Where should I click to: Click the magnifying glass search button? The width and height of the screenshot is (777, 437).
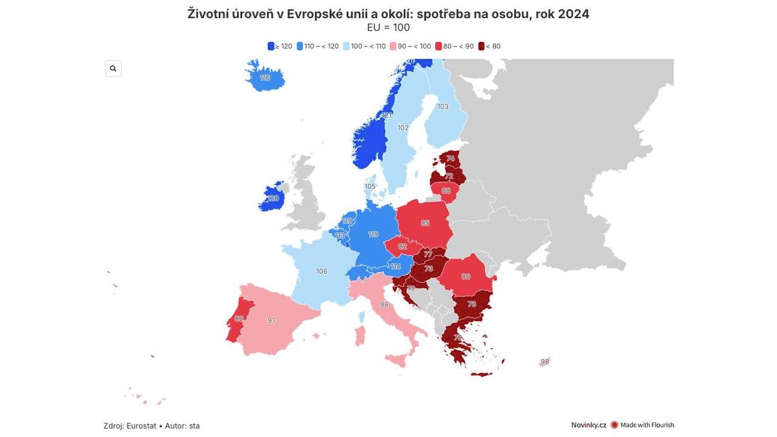tap(113, 69)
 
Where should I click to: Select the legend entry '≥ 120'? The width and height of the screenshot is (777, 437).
tap(280, 47)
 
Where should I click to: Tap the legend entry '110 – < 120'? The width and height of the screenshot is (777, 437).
tap(318, 47)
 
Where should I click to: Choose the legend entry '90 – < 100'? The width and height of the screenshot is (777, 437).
tap(411, 47)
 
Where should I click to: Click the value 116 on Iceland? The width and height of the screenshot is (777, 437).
tap(265, 78)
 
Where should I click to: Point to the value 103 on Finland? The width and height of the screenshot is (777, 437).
tap(443, 107)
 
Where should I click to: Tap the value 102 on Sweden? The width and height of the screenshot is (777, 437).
tap(403, 128)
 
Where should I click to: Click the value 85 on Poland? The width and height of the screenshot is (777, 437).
tap(425, 223)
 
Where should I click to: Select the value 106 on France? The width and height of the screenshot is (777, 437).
tap(322, 271)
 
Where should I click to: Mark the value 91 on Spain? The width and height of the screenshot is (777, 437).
tap(271, 320)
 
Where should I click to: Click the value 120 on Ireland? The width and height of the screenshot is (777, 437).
tap(273, 198)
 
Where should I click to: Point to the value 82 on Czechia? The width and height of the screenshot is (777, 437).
tap(403, 246)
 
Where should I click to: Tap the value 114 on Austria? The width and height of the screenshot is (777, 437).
tap(396, 267)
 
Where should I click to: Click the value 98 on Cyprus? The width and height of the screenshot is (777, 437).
tap(545, 362)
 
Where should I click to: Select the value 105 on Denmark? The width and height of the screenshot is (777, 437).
tap(370, 186)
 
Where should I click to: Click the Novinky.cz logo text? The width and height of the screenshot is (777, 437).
tap(589, 425)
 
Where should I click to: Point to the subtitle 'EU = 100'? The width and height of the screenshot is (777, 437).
tap(388, 28)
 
